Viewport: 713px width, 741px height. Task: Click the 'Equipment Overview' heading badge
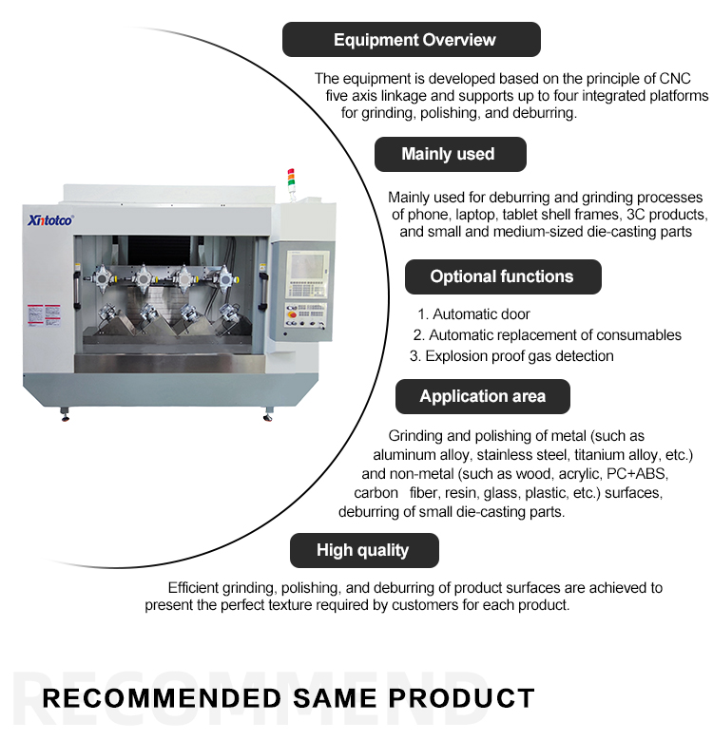click(414, 40)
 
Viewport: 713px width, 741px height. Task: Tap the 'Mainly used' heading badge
click(448, 154)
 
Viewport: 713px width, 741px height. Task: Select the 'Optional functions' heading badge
click(502, 276)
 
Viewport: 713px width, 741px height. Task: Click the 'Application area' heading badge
click(482, 396)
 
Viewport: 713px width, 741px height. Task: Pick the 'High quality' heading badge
click(362, 550)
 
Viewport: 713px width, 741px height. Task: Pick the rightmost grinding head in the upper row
click(226, 278)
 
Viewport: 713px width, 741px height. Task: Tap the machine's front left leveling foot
click(65, 415)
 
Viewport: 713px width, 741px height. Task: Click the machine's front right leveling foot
click(267, 415)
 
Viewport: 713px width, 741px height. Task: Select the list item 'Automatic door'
click(481, 314)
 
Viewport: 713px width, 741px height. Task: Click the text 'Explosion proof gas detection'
click(519, 356)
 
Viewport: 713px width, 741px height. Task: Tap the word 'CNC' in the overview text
click(674, 78)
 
